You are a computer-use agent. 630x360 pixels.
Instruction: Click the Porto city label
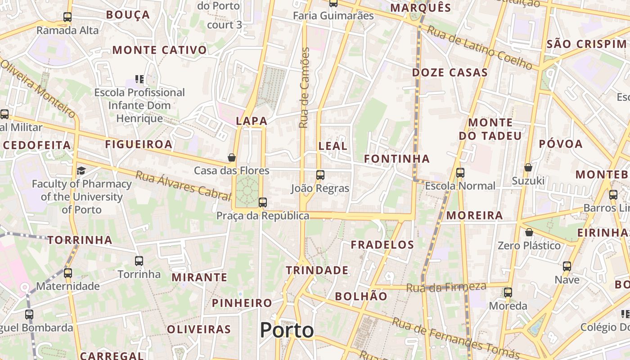click(x=287, y=330)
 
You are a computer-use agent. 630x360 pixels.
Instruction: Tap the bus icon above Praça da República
click(x=263, y=202)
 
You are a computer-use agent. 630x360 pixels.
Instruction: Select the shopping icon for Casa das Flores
click(x=232, y=157)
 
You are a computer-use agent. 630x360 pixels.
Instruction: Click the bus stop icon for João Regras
click(x=320, y=175)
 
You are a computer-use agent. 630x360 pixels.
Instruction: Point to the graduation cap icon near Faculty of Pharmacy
click(x=81, y=171)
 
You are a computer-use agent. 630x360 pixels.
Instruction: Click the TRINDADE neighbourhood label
click(x=317, y=270)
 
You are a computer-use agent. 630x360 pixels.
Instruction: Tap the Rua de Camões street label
click(x=305, y=88)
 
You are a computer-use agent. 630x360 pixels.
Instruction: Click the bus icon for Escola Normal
click(x=460, y=172)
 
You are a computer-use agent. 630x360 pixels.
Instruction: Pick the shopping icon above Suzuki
click(x=528, y=167)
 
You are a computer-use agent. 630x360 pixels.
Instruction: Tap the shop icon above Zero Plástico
click(x=529, y=232)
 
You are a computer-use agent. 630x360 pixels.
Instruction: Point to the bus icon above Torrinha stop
click(x=139, y=261)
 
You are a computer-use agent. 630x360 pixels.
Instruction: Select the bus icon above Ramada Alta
click(x=67, y=17)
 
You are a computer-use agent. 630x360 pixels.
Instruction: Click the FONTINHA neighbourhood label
click(x=396, y=159)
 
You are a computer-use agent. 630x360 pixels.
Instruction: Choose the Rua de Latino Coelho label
click(x=479, y=48)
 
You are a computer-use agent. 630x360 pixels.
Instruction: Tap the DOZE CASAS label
click(x=450, y=72)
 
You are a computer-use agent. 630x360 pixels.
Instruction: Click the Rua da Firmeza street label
click(x=446, y=287)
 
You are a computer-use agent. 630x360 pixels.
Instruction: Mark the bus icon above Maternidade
click(x=68, y=273)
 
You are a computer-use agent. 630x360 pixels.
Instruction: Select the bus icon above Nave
click(x=567, y=266)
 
